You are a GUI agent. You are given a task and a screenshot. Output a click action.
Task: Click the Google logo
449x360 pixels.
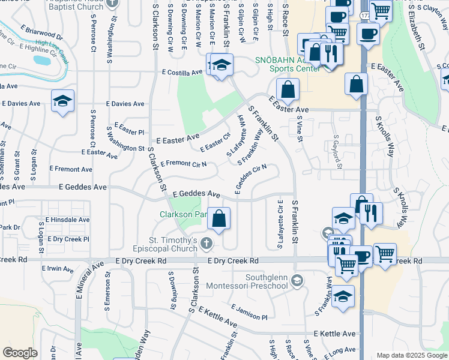20,352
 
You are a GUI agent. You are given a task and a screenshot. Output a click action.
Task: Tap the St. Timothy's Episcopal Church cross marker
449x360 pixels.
206,244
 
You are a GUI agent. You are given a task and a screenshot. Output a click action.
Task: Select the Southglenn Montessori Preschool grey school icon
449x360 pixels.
297,280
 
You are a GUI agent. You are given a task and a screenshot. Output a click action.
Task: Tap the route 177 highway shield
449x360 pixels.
365,13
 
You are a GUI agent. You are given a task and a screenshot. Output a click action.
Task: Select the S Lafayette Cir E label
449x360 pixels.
280,224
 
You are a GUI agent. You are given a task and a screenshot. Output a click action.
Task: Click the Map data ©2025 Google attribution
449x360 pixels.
411,355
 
